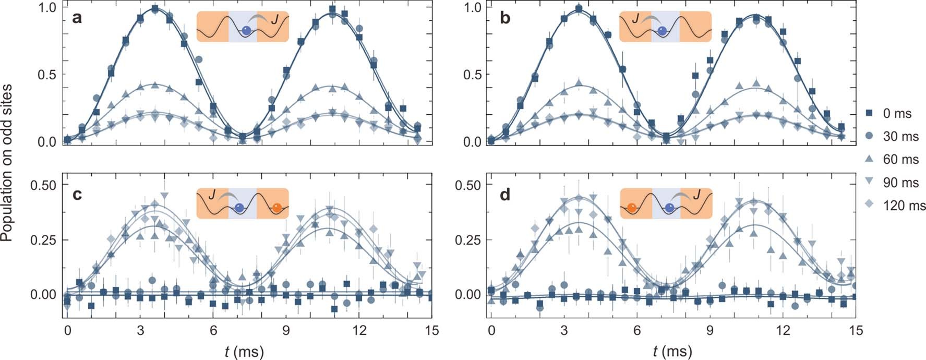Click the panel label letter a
point(77,18)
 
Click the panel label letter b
point(504,18)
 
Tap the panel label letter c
point(77,195)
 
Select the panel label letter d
point(504,195)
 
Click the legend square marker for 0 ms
point(869,113)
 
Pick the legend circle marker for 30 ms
point(869,136)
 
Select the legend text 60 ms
point(900,159)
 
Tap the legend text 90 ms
point(900,183)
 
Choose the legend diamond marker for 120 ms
point(869,205)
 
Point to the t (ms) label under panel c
point(244,352)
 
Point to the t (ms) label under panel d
point(672,352)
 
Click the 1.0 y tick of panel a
point(46,7)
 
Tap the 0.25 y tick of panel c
point(43,240)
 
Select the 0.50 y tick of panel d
point(468,185)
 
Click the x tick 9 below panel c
point(286,331)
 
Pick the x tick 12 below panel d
point(783,331)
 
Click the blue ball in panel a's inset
point(246,31)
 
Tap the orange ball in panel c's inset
point(277,208)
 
